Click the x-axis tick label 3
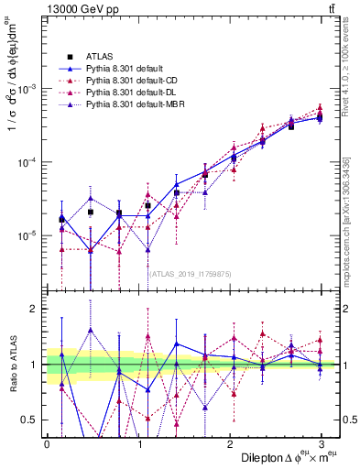pos(322,443)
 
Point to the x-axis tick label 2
pos(230,443)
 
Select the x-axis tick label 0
pos(47,443)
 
